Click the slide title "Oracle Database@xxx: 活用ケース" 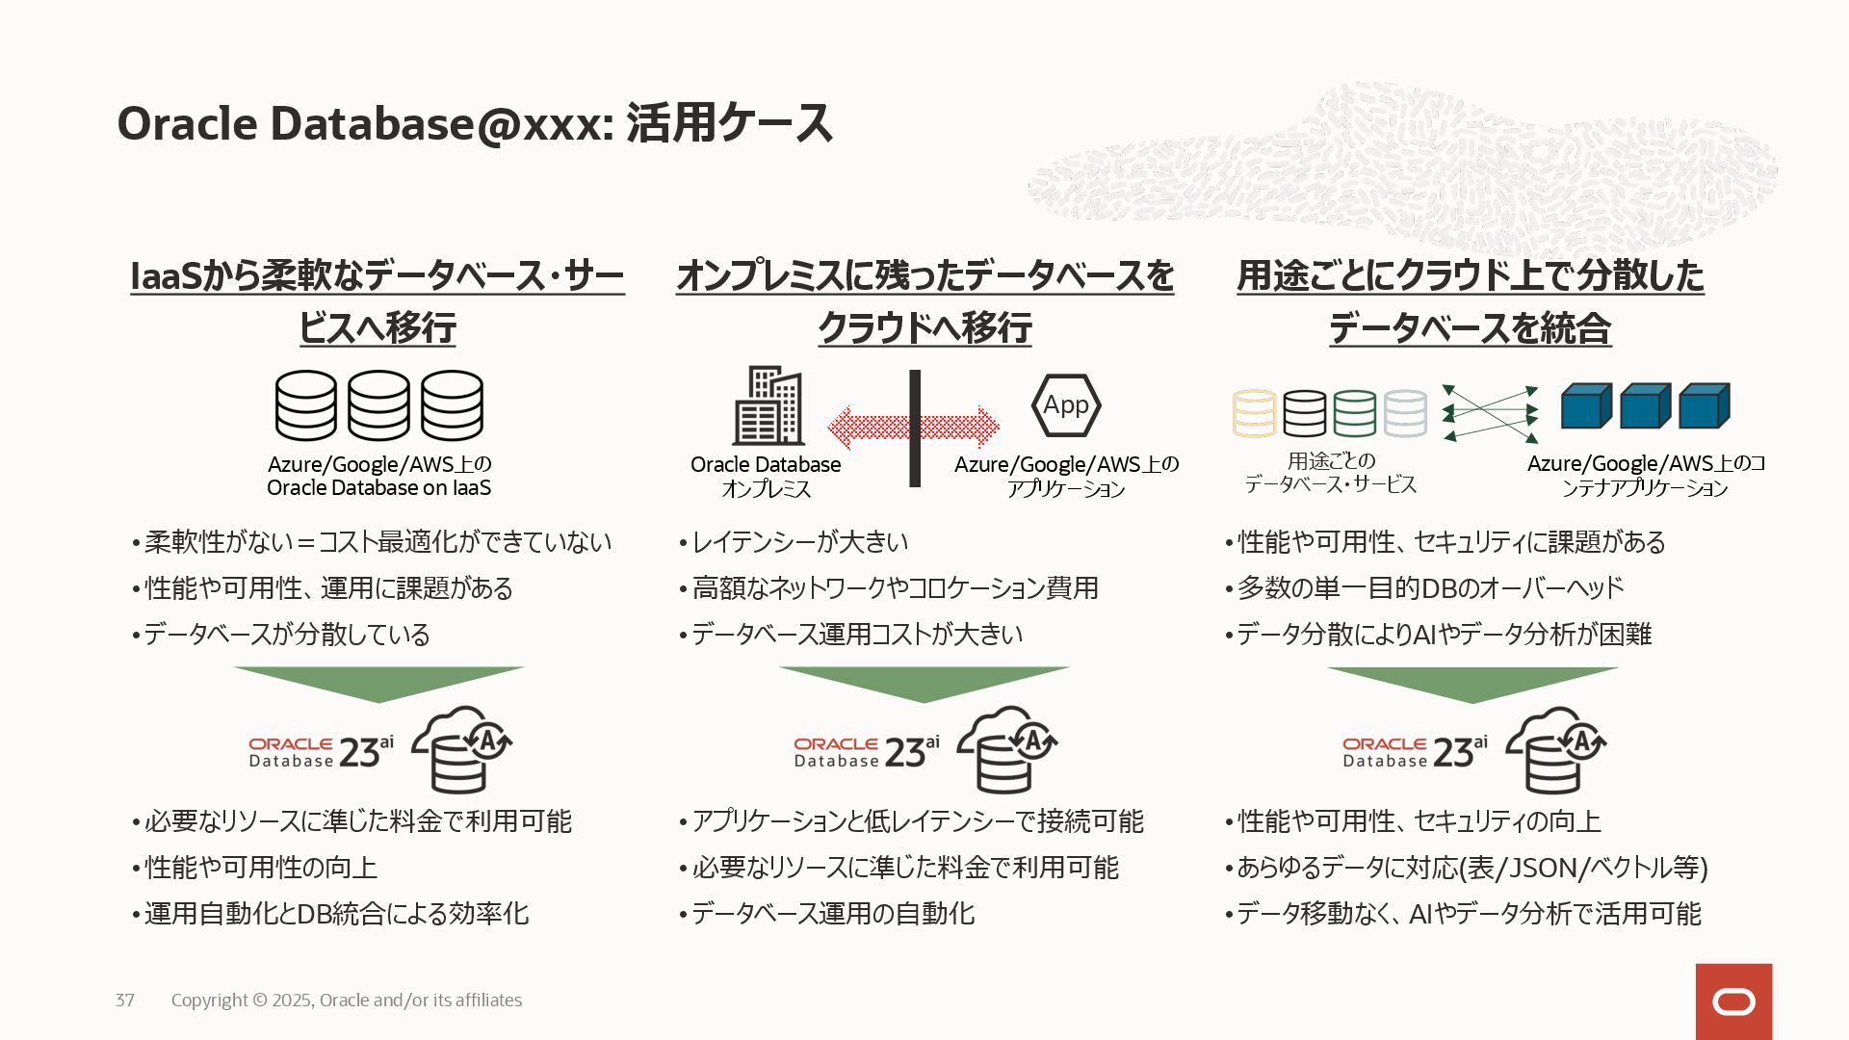[474, 124]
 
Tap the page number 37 [125, 1000]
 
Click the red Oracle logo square [1733, 1001]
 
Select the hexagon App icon [1066, 405]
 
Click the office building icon [768, 405]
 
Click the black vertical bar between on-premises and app [915, 428]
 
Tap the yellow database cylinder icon [1255, 413]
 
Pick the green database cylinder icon [1355, 413]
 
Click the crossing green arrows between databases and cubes [1490, 413]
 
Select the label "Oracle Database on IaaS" [378, 487]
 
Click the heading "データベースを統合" [1470, 328]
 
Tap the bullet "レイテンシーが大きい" [799, 542]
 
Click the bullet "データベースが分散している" [286, 635]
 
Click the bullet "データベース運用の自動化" [832, 914]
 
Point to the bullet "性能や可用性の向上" [260, 868]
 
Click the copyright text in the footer [347, 1000]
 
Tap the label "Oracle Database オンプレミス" [766, 477]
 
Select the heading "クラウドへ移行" [924, 328]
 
